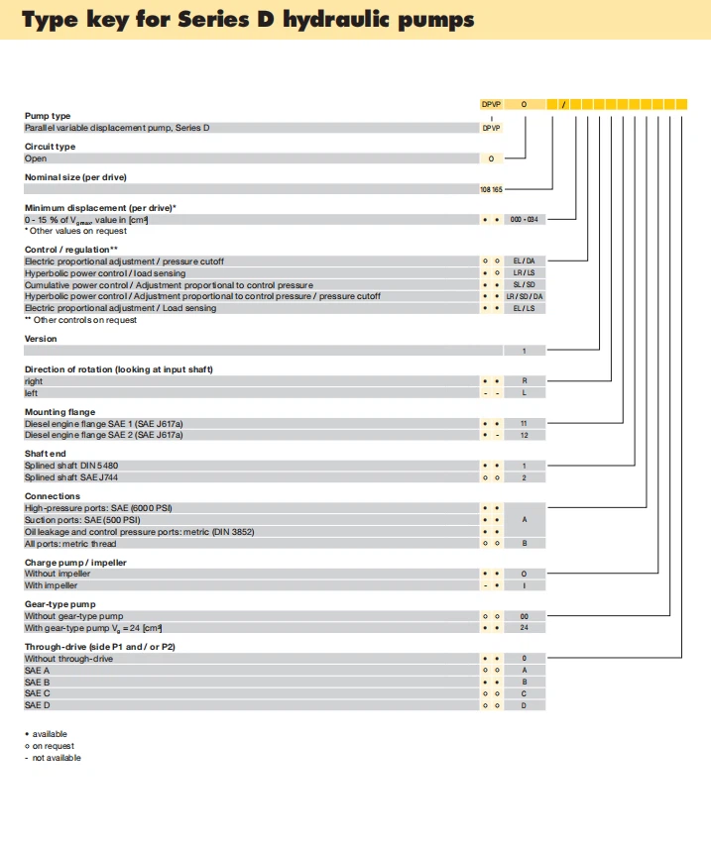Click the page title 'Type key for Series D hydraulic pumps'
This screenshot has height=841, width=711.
(x=248, y=20)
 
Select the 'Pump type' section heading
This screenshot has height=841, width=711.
(x=48, y=116)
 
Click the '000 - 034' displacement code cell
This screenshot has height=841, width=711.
(x=524, y=219)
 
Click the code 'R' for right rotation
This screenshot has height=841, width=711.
(x=524, y=380)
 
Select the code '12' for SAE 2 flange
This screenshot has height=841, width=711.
(x=524, y=435)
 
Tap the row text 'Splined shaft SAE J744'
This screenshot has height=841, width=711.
(x=72, y=476)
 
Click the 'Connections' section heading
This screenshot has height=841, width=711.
(x=53, y=496)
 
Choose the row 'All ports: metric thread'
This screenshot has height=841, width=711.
(x=70, y=543)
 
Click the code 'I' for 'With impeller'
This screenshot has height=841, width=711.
(x=524, y=585)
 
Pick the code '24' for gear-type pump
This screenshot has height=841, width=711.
(x=524, y=627)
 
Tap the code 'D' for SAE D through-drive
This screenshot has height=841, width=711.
(x=524, y=705)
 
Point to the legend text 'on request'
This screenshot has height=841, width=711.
(x=53, y=746)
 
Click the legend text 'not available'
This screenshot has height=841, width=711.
(x=57, y=758)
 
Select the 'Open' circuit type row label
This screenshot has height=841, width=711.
(x=36, y=158)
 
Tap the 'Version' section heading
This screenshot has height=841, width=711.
(x=41, y=339)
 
